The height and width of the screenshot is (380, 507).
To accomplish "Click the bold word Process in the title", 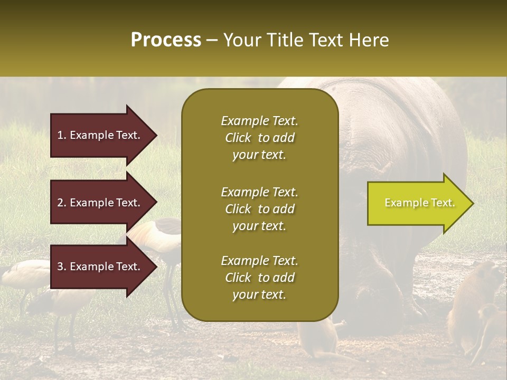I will coord(166,40).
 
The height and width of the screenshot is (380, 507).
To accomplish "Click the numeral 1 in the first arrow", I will coord(60,135).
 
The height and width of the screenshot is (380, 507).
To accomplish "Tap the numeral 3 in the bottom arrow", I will coord(60,267).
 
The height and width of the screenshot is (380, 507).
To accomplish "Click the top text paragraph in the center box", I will coord(259,138).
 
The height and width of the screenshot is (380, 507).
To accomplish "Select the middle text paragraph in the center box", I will coord(259,209).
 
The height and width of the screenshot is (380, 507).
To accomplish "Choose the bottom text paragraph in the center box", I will coord(259,278).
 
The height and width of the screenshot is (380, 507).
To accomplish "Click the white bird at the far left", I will coord(21,274).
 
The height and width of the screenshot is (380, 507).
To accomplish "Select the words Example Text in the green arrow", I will coord(419,203).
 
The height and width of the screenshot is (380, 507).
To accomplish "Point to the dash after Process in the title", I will coord(212,40).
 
